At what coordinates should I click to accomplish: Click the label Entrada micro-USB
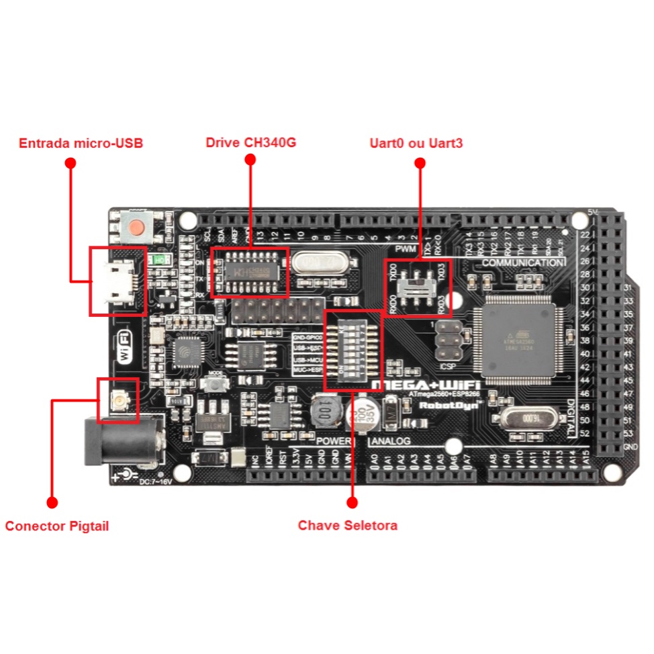(x=81, y=143)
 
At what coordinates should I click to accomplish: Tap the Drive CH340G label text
(x=250, y=143)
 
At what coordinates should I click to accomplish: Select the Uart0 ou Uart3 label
(x=416, y=143)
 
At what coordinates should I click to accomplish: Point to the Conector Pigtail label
(x=57, y=526)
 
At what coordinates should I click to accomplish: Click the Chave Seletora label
(x=348, y=525)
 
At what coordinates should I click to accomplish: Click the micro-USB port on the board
(x=118, y=281)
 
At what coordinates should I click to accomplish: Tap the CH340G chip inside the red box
(x=250, y=272)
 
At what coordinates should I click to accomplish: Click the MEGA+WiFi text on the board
(x=425, y=383)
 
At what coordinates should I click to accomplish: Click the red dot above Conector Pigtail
(x=52, y=502)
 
